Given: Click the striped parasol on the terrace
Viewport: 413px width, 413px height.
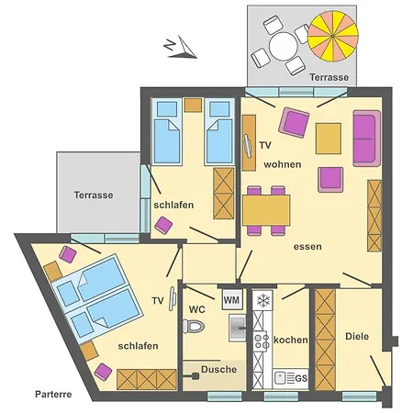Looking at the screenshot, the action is pyautogui.click(x=333, y=36).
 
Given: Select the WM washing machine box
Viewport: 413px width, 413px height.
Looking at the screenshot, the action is pyautogui.click(x=232, y=300).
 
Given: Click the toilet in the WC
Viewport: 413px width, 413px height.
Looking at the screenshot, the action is pyautogui.click(x=194, y=326).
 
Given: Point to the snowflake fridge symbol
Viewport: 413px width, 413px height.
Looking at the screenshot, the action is pyautogui.click(x=262, y=300).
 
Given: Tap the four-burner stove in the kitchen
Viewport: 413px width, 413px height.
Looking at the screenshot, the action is pyautogui.click(x=261, y=340).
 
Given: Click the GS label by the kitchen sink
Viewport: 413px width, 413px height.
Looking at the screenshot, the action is pyautogui.click(x=301, y=379).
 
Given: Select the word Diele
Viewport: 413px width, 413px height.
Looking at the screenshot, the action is pyautogui.click(x=357, y=337).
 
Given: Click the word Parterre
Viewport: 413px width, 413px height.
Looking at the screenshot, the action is pyautogui.click(x=53, y=394).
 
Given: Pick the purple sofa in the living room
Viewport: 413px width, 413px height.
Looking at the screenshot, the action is pyautogui.click(x=367, y=139).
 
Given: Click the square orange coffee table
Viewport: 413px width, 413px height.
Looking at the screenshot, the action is pyautogui.click(x=329, y=139).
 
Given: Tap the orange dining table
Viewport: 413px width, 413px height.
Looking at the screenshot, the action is pyautogui.click(x=266, y=210).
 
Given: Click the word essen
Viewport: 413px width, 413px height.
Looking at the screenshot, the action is pyautogui.click(x=307, y=247).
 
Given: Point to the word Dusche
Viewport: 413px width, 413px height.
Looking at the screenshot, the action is pyautogui.click(x=219, y=370).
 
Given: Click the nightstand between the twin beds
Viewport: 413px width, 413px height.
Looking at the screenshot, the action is pyautogui.click(x=193, y=105).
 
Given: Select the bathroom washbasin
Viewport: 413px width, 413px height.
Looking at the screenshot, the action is pyautogui.click(x=238, y=329).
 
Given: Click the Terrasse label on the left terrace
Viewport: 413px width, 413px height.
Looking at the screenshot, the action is pyautogui.click(x=94, y=195).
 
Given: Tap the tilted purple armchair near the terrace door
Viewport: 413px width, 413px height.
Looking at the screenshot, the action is pyautogui.click(x=294, y=122).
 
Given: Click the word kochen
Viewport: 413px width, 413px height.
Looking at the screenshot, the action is pyautogui.click(x=291, y=340).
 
